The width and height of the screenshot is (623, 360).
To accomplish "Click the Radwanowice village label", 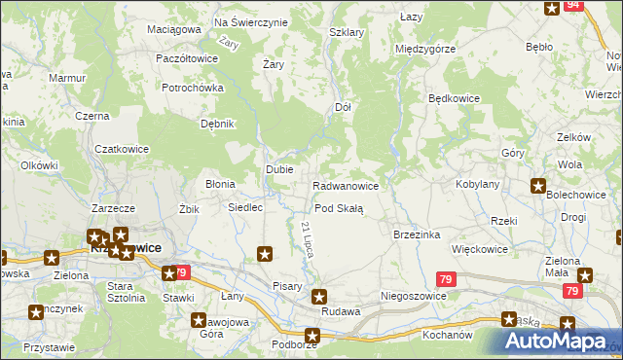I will [350, 185].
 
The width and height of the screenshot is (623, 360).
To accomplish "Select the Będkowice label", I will [455, 98].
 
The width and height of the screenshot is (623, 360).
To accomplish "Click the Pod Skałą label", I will [338, 209].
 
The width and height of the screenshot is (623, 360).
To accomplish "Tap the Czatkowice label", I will [120, 149].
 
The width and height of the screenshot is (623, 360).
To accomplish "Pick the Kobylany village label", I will [477, 184].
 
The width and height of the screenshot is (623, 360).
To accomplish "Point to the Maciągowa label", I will [173, 29].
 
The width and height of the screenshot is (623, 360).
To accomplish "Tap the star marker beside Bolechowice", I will [538, 186].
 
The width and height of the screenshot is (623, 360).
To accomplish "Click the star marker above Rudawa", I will [318, 296].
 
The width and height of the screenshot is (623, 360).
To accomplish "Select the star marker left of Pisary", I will [264, 255].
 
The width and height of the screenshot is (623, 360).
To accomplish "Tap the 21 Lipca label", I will [306, 238].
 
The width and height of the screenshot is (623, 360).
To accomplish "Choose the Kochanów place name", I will [448, 334].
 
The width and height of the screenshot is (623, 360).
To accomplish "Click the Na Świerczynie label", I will [250, 21].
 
